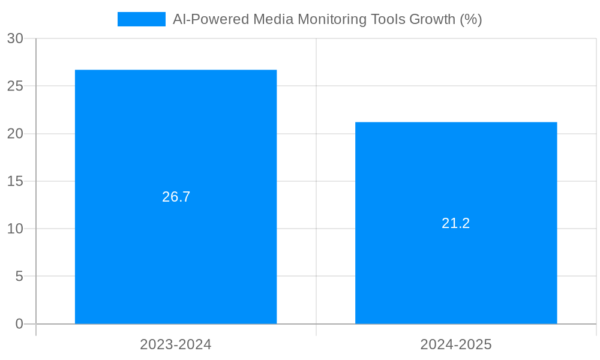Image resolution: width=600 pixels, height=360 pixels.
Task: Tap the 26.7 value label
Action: tap(176, 197)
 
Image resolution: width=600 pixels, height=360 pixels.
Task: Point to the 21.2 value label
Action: tap(456, 223)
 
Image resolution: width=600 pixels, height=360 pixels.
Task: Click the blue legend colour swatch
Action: tap(142, 19)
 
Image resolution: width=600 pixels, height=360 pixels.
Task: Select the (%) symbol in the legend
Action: tap(471, 19)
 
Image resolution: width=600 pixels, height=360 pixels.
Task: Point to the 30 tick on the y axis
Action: tap(15, 38)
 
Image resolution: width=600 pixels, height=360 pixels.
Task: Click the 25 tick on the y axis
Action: tap(15, 86)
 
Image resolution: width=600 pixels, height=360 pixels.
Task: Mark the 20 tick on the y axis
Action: tap(15, 134)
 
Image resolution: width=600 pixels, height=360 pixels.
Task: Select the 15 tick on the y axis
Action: tap(15, 181)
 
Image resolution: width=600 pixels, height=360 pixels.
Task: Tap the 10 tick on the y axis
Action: tap(15, 229)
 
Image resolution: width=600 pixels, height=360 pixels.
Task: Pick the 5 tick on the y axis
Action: tap(19, 277)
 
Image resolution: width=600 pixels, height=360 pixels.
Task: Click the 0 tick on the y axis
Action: tap(19, 324)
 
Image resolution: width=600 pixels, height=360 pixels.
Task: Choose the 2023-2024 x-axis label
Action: tap(176, 344)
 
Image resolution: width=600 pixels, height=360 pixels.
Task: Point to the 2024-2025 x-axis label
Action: tap(456, 344)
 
